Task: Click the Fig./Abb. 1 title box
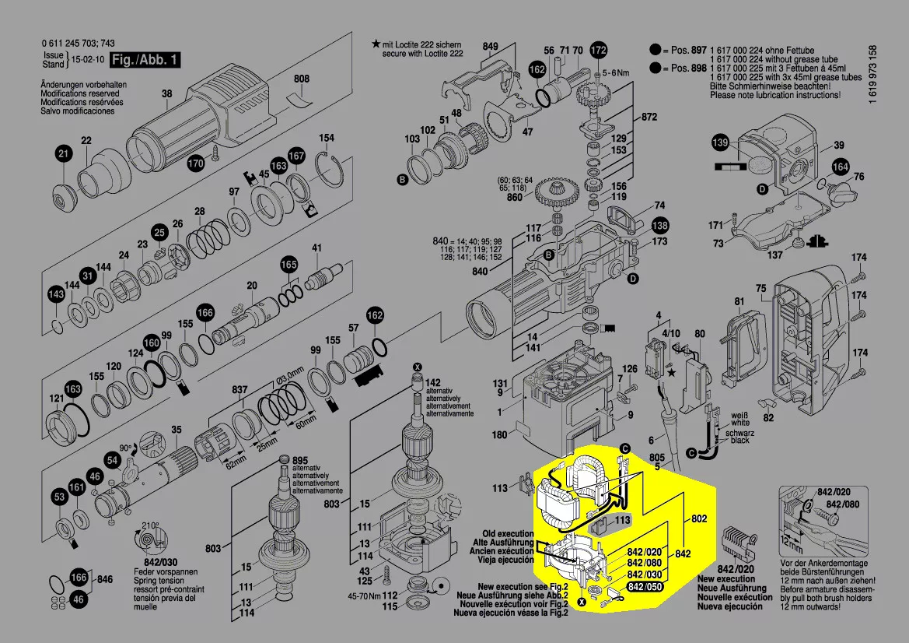tap(145, 59)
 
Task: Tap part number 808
tap(302, 79)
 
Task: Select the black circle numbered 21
tap(64, 154)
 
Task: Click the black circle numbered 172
tap(598, 51)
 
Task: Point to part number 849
tap(490, 47)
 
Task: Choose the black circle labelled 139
tap(720, 142)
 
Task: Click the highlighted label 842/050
tap(645, 587)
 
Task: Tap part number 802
tap(699, 518)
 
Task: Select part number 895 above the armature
tap(299, 460)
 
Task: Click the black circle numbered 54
tap(112, 461)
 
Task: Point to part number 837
tap(239, 391)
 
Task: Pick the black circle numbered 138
tap(659, 226)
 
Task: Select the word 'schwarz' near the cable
tap(739, 433)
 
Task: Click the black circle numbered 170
tap(195, 163)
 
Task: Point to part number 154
tap(327, 138)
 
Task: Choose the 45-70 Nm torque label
tap(363, 596)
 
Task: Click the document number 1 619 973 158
tap(873, 75)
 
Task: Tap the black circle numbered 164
tap(840, 167)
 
